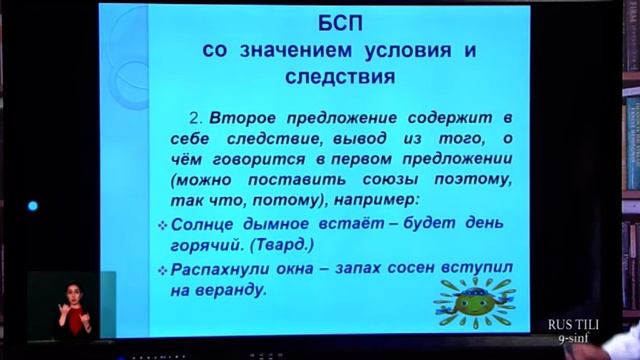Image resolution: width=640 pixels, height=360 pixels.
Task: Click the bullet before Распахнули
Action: [x=164, y=270]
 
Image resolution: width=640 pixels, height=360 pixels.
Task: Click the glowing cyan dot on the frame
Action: [x=32, y=206]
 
